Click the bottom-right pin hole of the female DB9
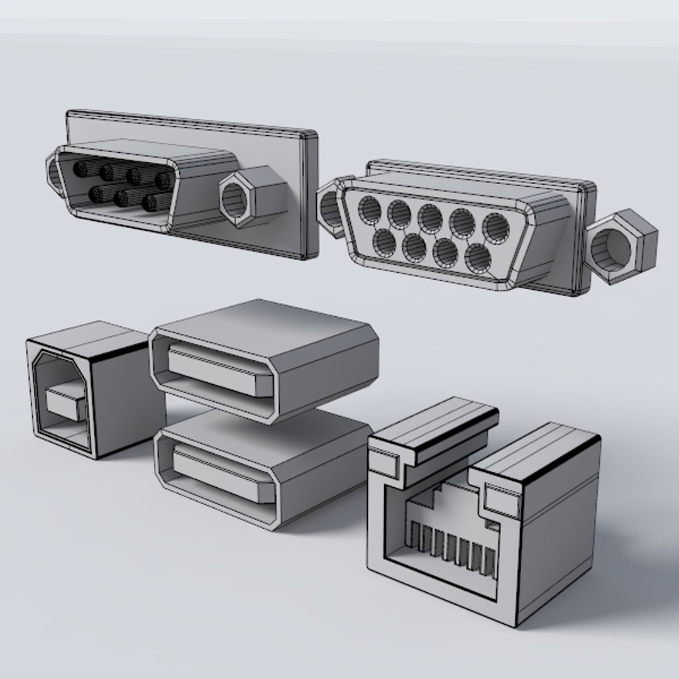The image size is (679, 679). [479, 256]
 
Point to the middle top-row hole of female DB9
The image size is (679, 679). [431, 217]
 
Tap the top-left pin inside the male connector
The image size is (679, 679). [80, 169]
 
